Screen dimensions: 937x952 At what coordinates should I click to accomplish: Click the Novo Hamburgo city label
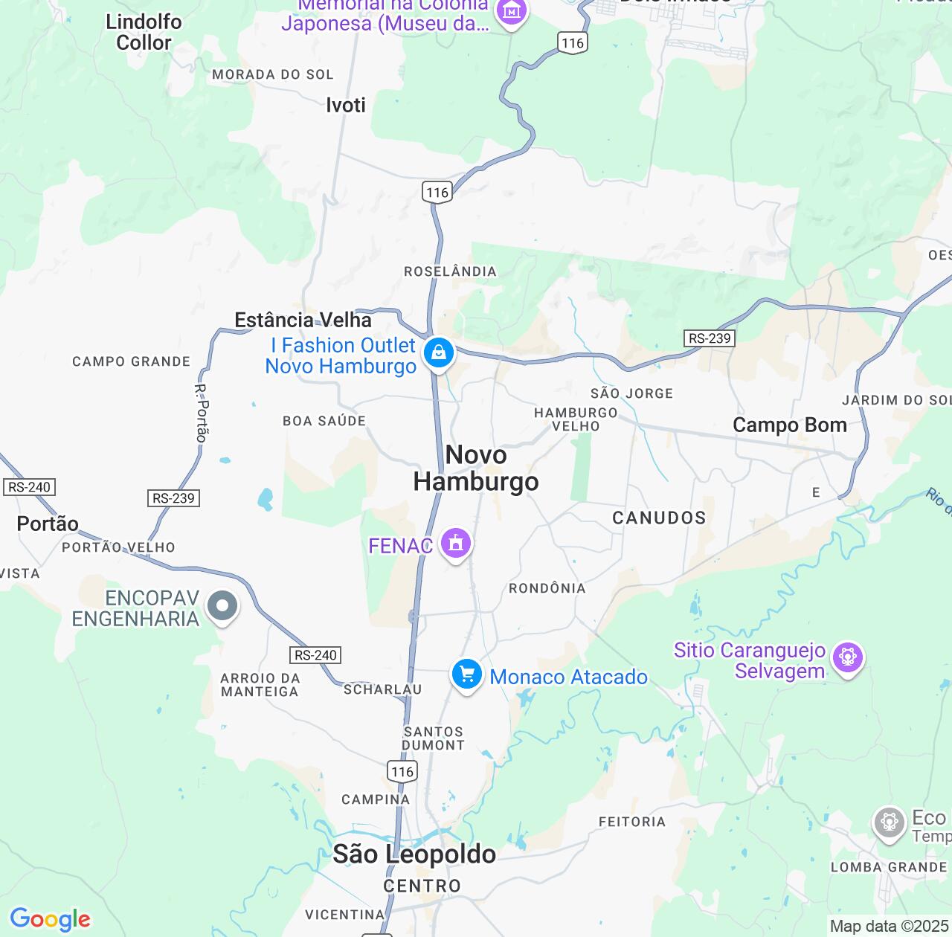(x=476, y=468)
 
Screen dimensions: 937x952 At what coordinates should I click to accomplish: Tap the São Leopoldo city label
(x=414, y=854)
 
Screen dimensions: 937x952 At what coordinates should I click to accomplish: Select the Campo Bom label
(x=790, y=425)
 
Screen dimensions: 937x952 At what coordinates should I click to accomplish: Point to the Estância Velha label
(x=303, y=320)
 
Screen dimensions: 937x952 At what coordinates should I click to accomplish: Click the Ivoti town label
(x=346, y=105)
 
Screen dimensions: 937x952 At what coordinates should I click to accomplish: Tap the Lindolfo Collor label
(x=144, y=32)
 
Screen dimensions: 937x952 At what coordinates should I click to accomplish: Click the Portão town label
(x=48, y=524)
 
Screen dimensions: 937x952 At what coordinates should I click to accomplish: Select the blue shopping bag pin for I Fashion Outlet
(x=439, y=354)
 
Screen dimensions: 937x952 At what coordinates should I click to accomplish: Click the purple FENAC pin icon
(x=455, y=544)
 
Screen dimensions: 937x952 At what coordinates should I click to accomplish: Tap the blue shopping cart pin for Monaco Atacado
(x=466, y=675)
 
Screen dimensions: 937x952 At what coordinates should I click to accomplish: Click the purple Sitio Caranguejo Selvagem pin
(x=847, y=657)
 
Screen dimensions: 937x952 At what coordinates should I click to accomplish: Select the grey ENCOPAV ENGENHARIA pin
(x=222, y=606)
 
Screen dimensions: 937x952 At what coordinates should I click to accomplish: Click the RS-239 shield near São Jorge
(x=710, y=338)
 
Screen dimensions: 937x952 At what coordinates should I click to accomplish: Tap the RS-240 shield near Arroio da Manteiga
(x=315, y=655)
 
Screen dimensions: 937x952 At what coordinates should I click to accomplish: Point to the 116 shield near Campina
(x=402, y=771)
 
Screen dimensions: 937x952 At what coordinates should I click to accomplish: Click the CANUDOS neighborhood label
(x=659, y=518)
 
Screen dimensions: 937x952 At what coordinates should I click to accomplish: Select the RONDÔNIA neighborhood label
(x=547, y=588)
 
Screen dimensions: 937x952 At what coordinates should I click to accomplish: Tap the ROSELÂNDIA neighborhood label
(x=450, y=271)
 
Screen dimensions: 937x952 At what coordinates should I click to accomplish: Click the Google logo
(x=50, y=919)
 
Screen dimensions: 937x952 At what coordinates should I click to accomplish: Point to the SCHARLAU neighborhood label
(x=383, y=689)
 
